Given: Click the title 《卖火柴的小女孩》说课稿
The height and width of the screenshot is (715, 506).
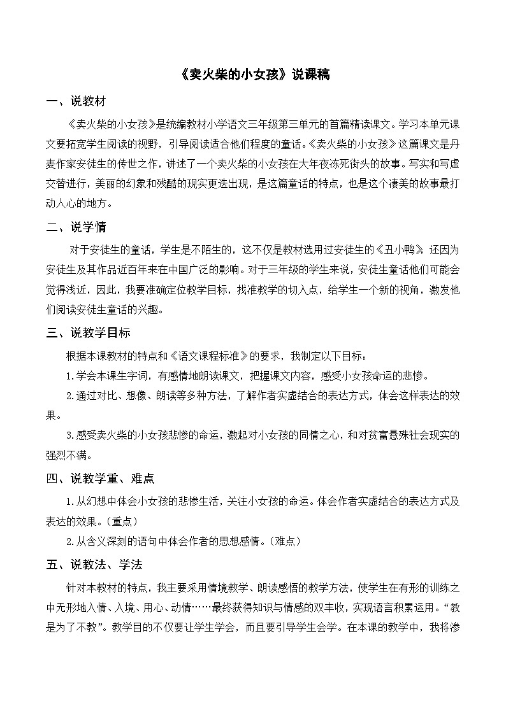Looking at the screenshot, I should click(x=252, y=74).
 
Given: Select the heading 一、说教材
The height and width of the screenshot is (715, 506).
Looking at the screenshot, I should click(x=76, y=102).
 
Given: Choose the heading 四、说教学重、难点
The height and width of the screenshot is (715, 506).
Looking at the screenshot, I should click(x=100, y=478).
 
